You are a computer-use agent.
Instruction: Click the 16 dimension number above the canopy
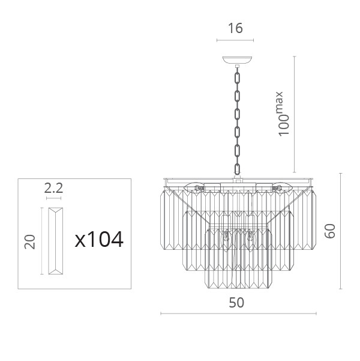tap(235, 28)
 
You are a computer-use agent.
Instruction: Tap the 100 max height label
tap(283, 114)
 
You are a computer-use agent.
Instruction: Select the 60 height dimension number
tap(329, 231)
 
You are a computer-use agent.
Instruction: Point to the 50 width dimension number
tap(236, 303)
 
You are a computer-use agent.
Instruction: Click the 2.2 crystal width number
tap(53, 188)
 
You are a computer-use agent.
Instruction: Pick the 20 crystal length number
tap(30, 241)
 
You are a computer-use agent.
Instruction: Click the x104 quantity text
tap(99, 240)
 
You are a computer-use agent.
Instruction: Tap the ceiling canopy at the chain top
tap(237, 60)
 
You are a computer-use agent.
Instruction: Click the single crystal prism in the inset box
tap(55, 241)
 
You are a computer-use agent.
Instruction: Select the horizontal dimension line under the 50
tap(239, 314)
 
